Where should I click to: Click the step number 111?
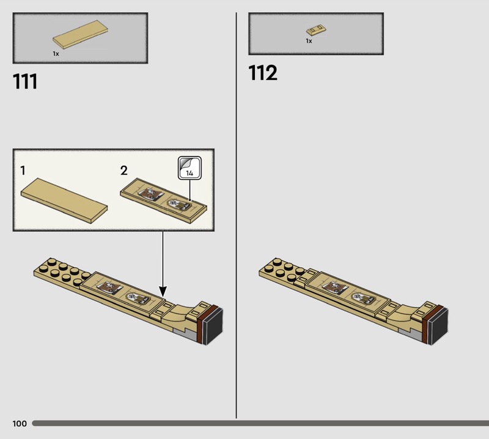(x=25, y=81)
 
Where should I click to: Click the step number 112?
(x=263, y=73)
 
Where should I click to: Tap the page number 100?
(x=20, y=423)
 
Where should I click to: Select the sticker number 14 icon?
(x=189, y=168)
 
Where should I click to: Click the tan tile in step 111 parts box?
(x=81, y=34)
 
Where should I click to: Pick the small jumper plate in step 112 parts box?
(x=316, y=30)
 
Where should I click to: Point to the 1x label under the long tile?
(x=56, y=54)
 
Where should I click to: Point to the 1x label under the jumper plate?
(x=309, y=41)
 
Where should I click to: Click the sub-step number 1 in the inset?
(x=23, y=171)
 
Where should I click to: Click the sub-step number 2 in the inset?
(x=124, y=171)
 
